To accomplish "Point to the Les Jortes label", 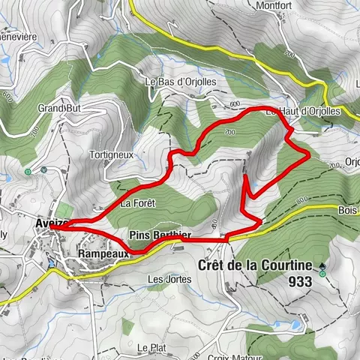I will (x=169, y=279).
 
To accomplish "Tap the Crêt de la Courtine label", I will (x=255, y=265).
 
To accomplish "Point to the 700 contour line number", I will (x=332, y=166).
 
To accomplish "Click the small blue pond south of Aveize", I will (x=51, y=264).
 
